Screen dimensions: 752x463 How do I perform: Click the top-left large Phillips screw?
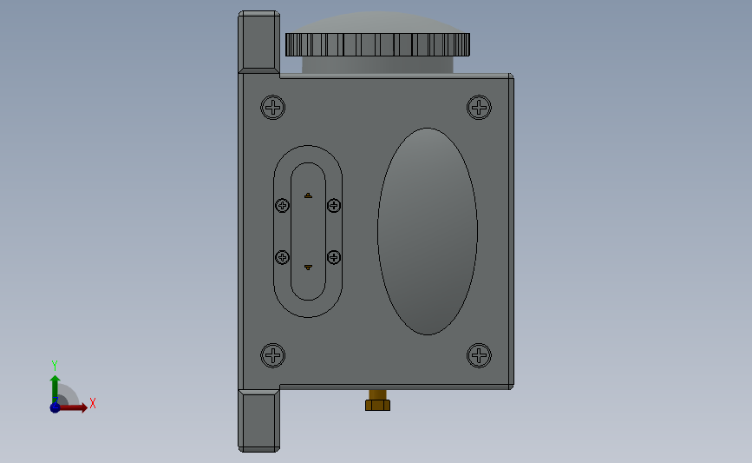tap(273, 107)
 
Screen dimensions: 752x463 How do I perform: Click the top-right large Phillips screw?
tap(479, 107)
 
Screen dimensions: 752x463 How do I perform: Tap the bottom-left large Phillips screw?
tap(273, 355)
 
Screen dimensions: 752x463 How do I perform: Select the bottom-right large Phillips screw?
tap(479, 355)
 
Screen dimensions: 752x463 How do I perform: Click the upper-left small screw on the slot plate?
tap(283, 206)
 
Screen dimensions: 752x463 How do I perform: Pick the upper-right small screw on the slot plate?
tap(334, 206)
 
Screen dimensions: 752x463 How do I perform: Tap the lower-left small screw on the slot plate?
tap(283, 257)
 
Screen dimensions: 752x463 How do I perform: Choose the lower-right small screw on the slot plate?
tap(334, 257)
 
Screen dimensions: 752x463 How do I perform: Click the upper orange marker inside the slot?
tap(308, 195)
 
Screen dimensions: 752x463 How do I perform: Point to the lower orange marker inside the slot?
tap(308, 267)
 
